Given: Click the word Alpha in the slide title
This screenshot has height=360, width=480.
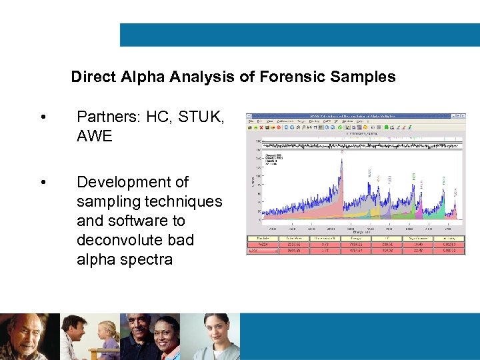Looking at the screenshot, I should (x=143, y=77).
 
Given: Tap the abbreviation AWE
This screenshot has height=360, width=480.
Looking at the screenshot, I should (x=95, y=136).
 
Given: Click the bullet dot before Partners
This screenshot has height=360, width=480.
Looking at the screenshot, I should (x=43, y=117).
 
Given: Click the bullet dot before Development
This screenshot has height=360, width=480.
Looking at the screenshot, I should (x=43, y=182).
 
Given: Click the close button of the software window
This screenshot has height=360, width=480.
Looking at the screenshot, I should (x=462, y=115).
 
